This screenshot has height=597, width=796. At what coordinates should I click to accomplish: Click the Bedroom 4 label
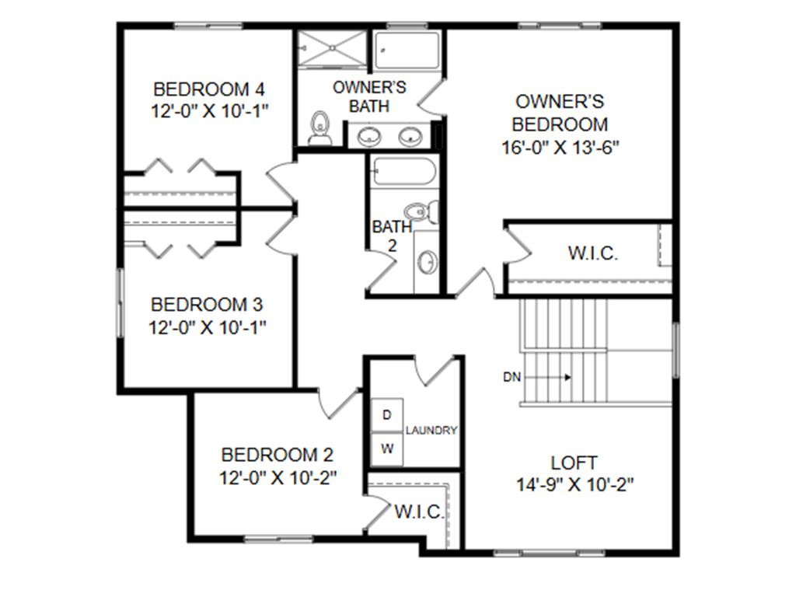(x=208, y=89)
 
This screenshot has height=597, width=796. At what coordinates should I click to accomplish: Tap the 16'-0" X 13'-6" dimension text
(x=560, y=147)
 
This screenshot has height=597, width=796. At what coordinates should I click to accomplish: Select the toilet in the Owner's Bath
(x=319, y=128)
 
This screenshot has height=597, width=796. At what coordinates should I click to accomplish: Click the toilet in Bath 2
(x=422, y=211)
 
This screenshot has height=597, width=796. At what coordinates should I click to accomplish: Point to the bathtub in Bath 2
(x=403, y=172)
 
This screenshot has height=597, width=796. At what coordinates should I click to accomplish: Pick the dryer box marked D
(x=387, y=415)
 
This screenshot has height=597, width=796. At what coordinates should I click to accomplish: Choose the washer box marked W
(x=387, y=449)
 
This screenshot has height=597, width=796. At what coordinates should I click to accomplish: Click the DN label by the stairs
(x=511, y=377)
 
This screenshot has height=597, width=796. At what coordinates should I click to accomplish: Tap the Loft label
(x=574, y=463)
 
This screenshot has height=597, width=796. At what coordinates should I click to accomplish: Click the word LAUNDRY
(x=431, y=431)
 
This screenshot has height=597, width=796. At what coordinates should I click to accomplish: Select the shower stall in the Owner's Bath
(x=332, y=47)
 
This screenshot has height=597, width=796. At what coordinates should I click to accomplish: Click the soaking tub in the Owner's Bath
(x=407, y=50)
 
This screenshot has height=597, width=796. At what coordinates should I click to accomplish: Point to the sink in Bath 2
(x=427, y=263)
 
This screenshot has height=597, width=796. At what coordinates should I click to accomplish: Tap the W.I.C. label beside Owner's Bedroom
(x=593, y=253)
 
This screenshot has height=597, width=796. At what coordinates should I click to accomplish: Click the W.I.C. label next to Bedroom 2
(x=419, y=511)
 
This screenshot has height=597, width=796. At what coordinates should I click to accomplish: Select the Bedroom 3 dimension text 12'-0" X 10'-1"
(x=207, y=327)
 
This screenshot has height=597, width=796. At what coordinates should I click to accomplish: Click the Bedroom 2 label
(x=278, y=454)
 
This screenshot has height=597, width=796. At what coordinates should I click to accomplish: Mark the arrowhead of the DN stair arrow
(x=568, y=377)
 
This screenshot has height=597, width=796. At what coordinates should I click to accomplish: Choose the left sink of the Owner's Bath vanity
(x=369, y=135)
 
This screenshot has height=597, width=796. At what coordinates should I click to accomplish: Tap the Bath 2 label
(x=392, y=236)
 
